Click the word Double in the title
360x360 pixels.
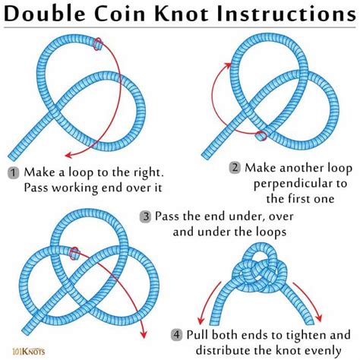pos(53,15)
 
